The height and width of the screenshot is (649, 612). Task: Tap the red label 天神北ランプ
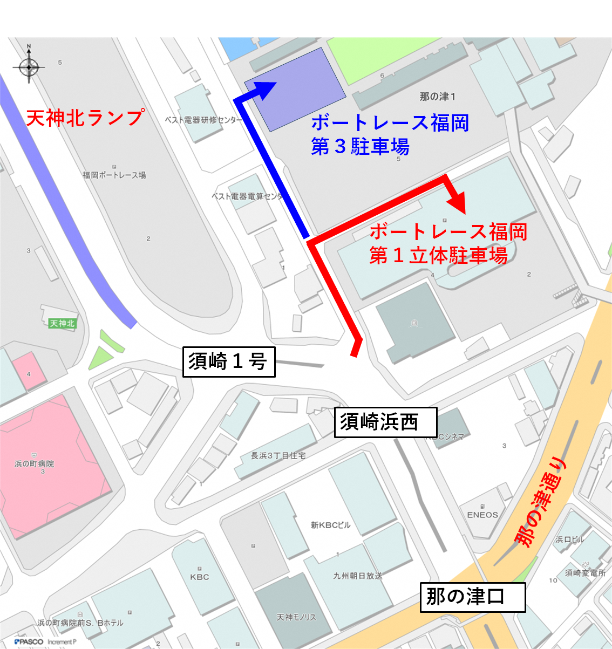[x=85, y=118]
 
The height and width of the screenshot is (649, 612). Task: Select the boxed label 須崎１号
[x=228, y=361]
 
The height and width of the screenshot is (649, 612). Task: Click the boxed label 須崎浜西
[x=385, y=422]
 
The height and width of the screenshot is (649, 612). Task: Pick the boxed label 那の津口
[x=472, y=597]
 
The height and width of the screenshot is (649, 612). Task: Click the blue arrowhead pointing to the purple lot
[x=265, y=89]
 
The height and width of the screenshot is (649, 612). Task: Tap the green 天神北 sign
[x=62, y=323]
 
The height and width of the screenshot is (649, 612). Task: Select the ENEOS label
[x=482, y=515]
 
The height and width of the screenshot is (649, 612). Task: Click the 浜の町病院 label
[x=34, y=464]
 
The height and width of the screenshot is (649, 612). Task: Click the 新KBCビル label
[x=330, y=525]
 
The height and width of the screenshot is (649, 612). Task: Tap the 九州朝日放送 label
[x=357, y=576]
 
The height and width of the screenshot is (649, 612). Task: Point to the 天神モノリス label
[x=296, y=617]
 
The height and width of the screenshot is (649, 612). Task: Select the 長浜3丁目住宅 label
[x=278, y=455]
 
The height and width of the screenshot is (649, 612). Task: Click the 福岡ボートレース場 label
[x=114, y=175]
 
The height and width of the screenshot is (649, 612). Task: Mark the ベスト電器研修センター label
[x=203, y=120]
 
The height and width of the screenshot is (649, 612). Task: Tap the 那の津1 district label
[x=437, y=97]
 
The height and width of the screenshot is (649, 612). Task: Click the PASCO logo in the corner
[x=29, y=641]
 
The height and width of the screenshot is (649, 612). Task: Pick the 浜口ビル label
[x=569, y=539]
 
